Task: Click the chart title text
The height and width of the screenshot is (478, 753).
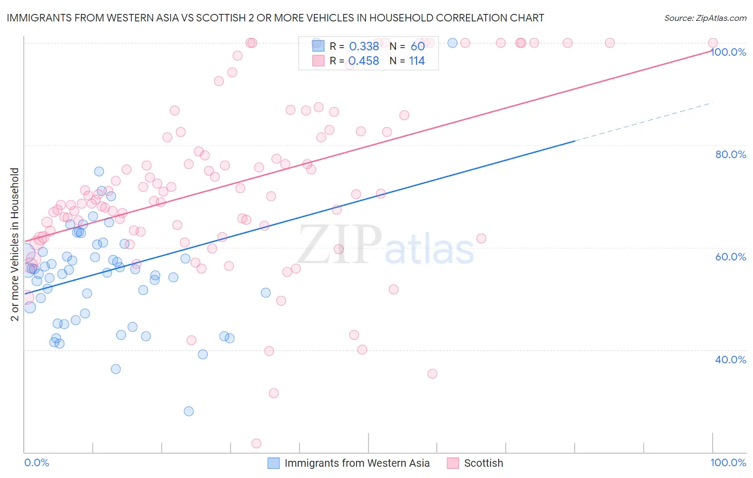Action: pos(275,18)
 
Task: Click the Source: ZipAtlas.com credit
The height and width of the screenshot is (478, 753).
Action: pos(705,18)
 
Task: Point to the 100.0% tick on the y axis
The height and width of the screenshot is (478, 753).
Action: pos(728,52)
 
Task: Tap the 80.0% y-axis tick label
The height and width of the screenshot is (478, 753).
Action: pos(731,154)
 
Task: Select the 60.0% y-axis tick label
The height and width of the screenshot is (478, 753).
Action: pos(731,257)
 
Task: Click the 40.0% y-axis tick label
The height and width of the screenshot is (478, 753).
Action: pos(731,360)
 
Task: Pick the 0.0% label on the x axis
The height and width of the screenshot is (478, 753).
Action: pos(36,462)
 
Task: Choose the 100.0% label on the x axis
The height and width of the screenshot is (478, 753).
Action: pos(728,462)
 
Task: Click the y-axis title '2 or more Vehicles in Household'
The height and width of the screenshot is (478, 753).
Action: pos(15,244)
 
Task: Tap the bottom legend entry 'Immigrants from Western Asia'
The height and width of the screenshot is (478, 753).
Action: pos(357,463)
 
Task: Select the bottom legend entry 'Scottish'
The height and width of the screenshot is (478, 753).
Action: pos(483,463)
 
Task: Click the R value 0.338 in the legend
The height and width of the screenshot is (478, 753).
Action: pos(364,46)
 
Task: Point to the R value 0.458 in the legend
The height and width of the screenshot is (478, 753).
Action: pos(364,61)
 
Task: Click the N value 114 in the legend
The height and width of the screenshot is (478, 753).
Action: pos(417,61)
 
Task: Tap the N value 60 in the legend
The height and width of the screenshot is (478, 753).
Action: pos(418,46)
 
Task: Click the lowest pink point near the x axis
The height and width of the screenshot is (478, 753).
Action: pos(257,443)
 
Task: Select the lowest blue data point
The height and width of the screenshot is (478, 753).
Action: pos(189,411)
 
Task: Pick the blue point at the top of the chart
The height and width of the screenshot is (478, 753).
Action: pos(452,43)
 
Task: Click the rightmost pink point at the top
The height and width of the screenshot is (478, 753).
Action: pos(712,43)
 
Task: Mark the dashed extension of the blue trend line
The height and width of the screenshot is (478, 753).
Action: pos(643,122)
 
